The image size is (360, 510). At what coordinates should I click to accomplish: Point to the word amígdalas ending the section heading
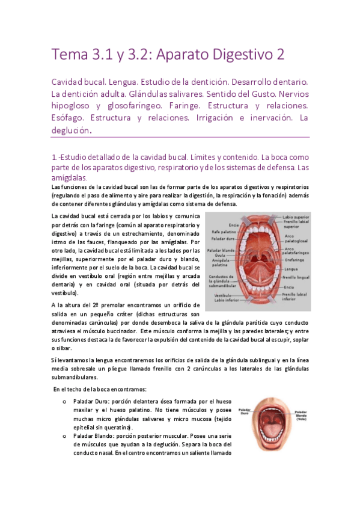click(x=70, y=178)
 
